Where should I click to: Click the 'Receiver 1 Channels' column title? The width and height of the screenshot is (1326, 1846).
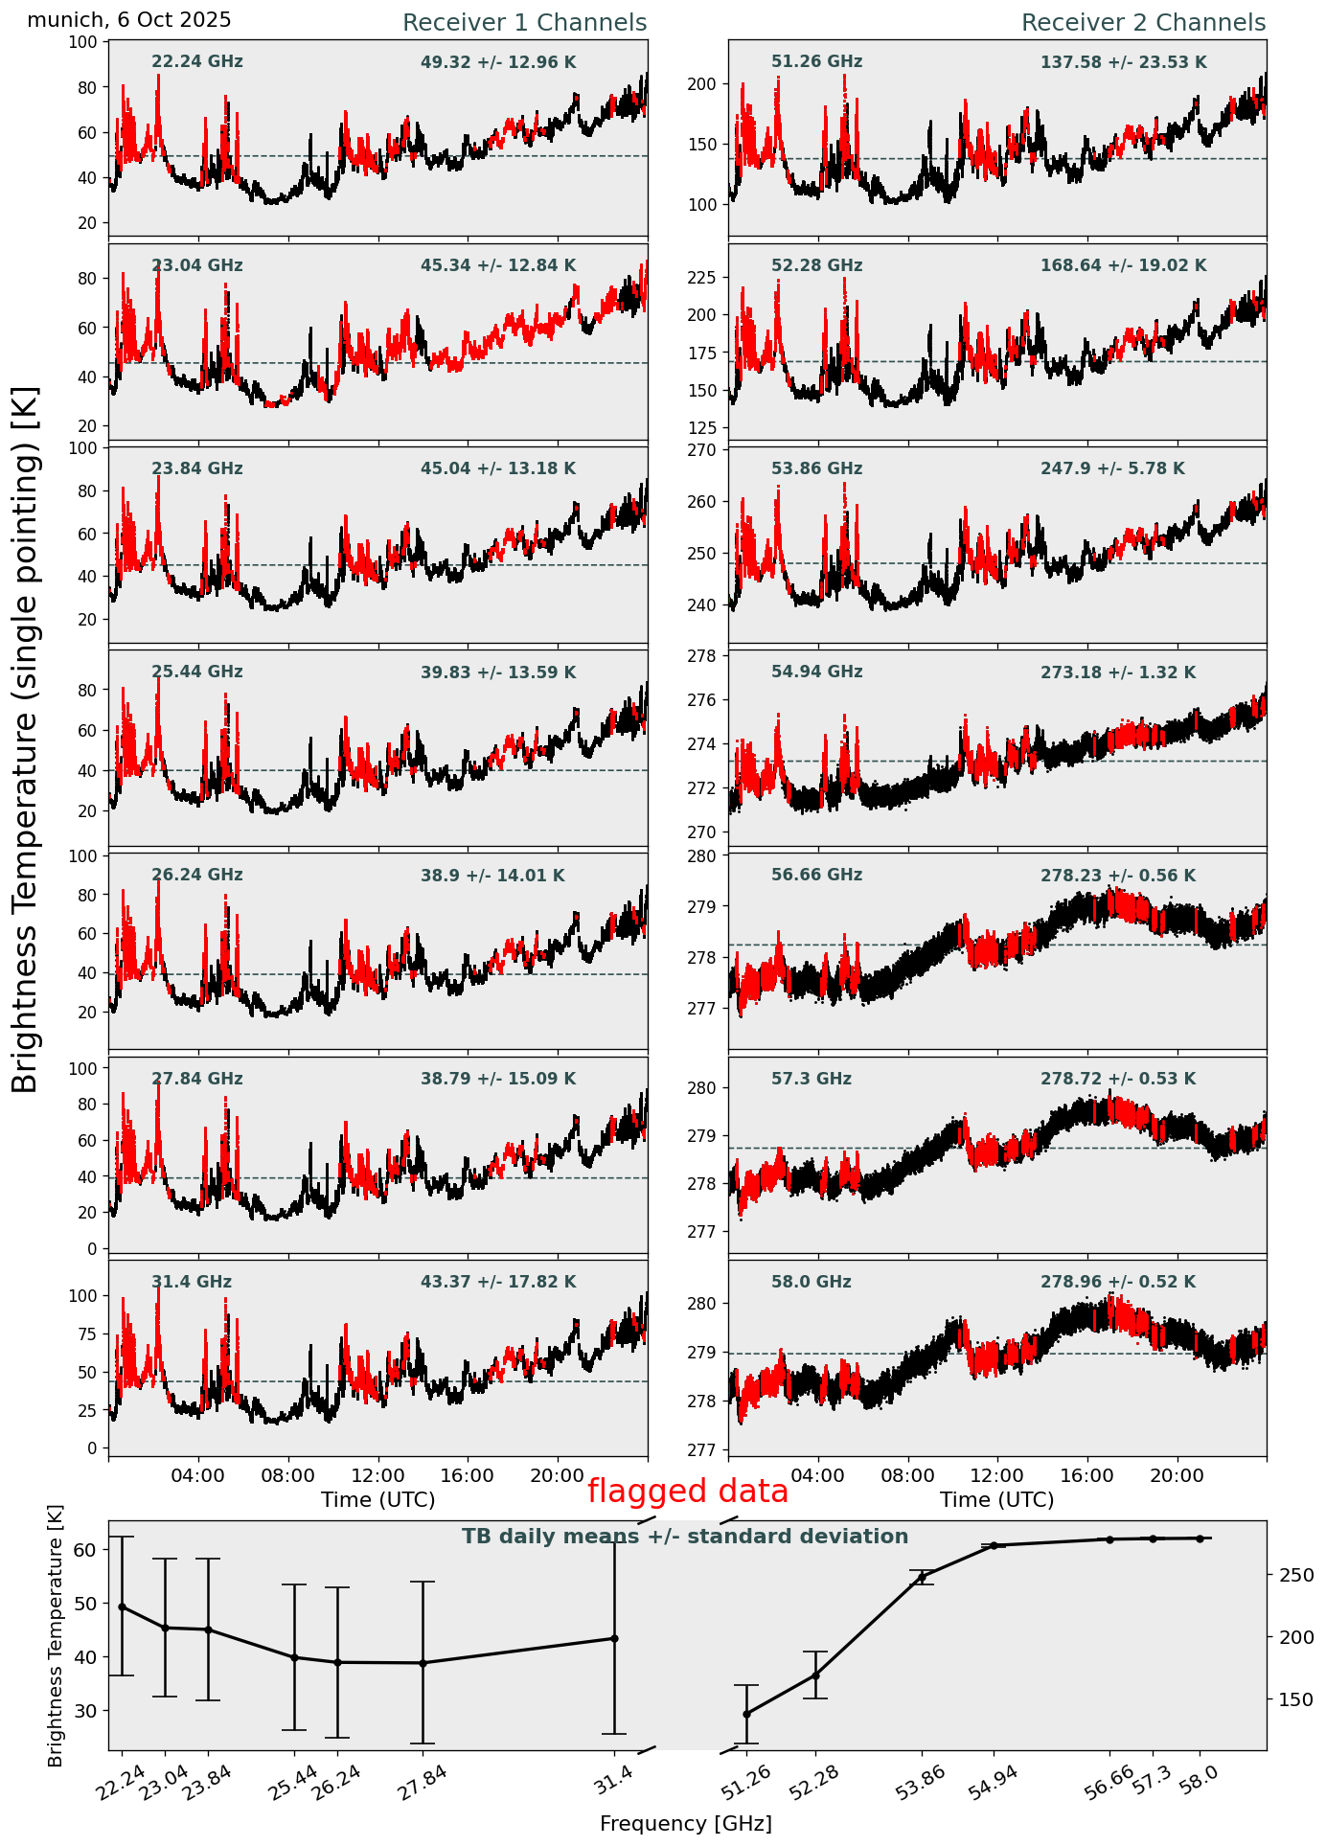[524, 23]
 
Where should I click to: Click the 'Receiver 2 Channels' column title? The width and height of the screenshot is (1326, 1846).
[1143, 23]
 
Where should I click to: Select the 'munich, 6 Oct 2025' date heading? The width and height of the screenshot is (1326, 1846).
[129, 20]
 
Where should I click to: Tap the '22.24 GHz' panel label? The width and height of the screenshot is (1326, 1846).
[197, 62]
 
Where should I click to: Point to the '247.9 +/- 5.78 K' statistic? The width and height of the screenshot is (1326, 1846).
[1112, 469]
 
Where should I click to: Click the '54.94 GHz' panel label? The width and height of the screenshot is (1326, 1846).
[816, 672]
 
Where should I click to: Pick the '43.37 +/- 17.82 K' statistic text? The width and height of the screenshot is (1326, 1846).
[498, 1282]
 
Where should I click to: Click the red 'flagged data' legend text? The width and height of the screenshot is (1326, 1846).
[688, 1492]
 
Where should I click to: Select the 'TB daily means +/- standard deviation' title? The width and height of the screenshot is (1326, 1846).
[685, 1538]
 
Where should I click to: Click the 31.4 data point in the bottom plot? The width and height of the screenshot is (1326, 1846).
[614, 1639]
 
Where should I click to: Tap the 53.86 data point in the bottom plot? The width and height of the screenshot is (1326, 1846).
[923, 1577]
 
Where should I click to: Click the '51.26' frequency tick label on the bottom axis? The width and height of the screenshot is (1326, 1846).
[746, 1787]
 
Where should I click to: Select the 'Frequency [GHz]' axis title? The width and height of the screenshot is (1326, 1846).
[685, 1824]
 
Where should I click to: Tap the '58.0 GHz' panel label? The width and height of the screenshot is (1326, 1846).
[811, 1282]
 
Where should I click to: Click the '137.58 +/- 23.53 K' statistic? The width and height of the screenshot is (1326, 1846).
[1123, 63]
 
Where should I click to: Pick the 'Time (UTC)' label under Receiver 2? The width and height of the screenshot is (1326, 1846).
[996, 1500]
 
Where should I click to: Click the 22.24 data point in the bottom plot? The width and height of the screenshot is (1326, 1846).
[122, 1607]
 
